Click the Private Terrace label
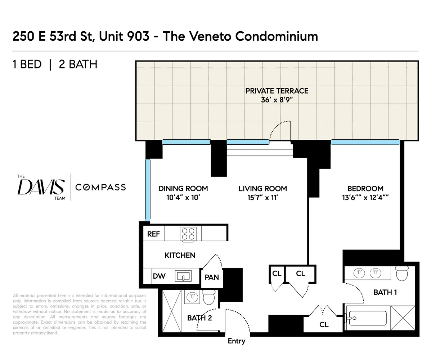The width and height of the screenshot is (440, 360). click(x=277, y=91)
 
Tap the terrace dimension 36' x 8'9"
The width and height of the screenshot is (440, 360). click(x=277, y=100)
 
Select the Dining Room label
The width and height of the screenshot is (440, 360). click(x=183, y=189)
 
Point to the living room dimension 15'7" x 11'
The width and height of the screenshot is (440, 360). click(x=262, y=198)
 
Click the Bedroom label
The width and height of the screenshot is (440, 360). click(x=365, y=189)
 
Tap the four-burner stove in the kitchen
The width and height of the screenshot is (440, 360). click(x=188, y=234)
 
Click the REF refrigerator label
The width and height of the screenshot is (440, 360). click(x=153, y=234)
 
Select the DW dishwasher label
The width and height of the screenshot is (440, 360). click(x=159, y=276)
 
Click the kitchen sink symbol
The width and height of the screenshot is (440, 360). click(x=183, y=276)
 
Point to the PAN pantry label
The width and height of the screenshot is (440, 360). click(x=212, y=278)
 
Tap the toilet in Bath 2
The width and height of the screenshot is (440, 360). click(x=209, y=297)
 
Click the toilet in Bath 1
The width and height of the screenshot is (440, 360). click(x=402, y=273)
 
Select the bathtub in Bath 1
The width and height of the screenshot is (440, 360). click(x=367, y=318)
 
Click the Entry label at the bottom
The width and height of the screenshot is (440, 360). click(x=236, y=341)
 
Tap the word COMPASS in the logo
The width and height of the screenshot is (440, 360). click(x=100, y=187)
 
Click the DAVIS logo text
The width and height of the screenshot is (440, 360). click(x=41, y=187)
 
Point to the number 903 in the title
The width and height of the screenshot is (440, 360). click(x=138, y=36)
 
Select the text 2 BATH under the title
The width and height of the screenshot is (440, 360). click(x=78, y=64)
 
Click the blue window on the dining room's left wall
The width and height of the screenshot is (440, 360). click(x=148, y=190)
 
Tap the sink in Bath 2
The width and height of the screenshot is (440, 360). click(x=192, y=296)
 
